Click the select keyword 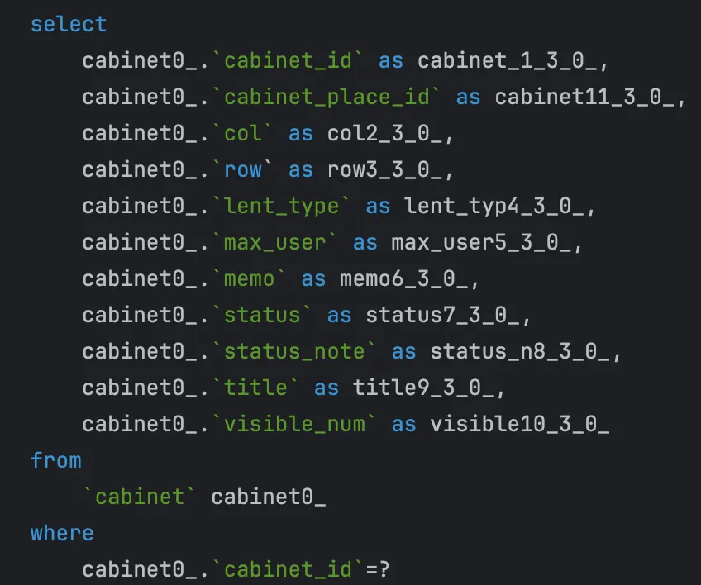coord(69,24)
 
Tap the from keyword coord(56,459)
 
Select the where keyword coord(62,533)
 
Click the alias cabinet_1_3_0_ coord(513,60)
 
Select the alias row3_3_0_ coord(390,169)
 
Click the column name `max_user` coord(281,242)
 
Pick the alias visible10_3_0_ coord(520,424)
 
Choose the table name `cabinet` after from coord(140,497)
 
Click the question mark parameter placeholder coord(384,569)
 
